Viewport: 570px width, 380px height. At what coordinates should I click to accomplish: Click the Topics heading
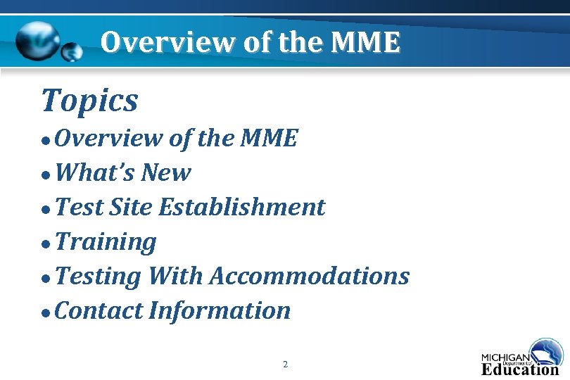90,101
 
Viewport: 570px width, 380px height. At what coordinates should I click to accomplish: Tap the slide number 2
285,364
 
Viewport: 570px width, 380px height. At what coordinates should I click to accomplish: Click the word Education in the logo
520,368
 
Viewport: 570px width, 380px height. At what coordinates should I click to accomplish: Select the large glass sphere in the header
39,40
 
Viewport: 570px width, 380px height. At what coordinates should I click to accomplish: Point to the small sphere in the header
71,52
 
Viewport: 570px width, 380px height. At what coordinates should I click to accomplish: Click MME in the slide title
365,43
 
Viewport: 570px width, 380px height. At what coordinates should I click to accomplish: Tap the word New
165,172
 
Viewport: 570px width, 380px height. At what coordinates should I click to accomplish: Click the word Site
131,207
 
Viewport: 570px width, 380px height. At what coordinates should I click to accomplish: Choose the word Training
106,242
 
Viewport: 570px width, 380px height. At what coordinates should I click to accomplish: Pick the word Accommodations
309,276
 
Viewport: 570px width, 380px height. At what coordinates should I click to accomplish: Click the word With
175,276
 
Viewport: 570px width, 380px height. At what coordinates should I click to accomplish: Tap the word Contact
99,310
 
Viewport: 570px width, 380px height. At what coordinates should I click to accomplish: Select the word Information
220,310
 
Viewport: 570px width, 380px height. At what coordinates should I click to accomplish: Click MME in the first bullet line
269,138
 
